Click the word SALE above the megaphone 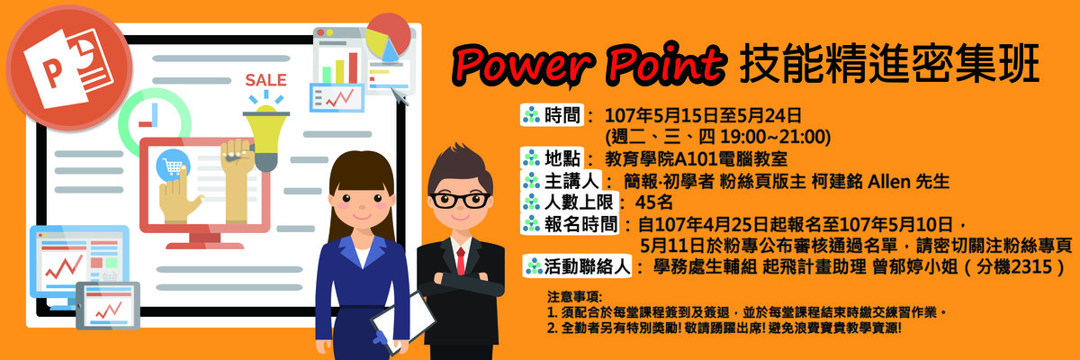coord(265,80)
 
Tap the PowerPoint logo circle coord(69,68)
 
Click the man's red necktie coord(461,261)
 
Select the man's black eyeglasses coord(460,200)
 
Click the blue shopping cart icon coord(172,165)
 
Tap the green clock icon coord(154,122)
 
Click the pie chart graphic coord(388,38)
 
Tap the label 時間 coord(562,116)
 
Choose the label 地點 coord(562,158)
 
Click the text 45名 coord(653,202)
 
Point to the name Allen coord(882,182)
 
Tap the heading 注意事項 coord(575,296)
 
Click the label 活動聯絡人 coord(587,266)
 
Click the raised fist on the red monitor coord(238,159)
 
